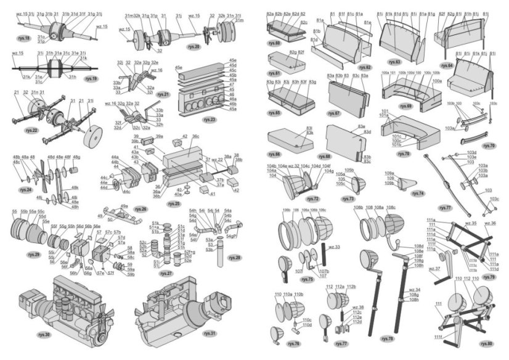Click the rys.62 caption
[x=364, y=67]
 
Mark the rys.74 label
[x=418, y=193]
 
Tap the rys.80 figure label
[x=486, y=343]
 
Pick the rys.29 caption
[x=33, y=255]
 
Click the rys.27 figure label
[x=166, y=272]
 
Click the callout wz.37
[x=434, y=269]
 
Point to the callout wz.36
[x=490, y=223]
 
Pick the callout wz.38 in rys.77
[x=357, y=307]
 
